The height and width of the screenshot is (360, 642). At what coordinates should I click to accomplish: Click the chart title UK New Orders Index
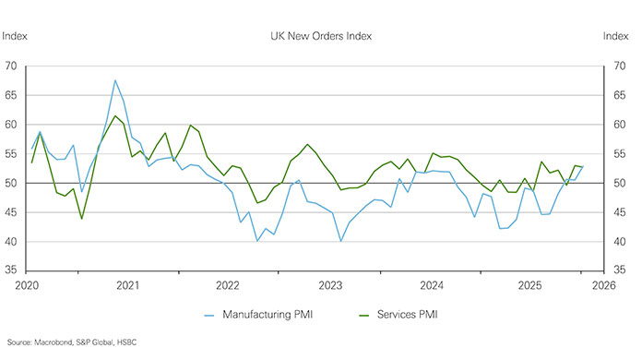pyautogui.click(x=320, y=36)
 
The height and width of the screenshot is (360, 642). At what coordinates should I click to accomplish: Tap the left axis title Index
pyautogui.click(x=15, y=36)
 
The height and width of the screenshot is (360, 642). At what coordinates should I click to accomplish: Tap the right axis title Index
pyautogui.click(x=616, y=36)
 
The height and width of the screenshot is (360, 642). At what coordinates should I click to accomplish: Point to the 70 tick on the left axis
pyautogui.click(x=12, y=66)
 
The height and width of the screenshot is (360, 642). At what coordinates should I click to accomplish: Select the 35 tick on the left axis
pyautogui.click(x=12, y=271)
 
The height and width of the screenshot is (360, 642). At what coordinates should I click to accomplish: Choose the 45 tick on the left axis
pyautogui.click(x=12, y=212)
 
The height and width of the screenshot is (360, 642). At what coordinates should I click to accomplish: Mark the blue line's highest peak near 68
pyautogui.click(x=115, y=80)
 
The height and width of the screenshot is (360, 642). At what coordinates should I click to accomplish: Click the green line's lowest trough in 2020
pyautogui.click(x=82, y=219)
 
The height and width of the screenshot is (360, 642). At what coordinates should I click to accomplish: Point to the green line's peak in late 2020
pyautogui.click(x=115, y=116)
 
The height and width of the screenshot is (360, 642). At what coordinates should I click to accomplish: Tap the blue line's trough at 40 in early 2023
pyautogui.click(x=341, y=241)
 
